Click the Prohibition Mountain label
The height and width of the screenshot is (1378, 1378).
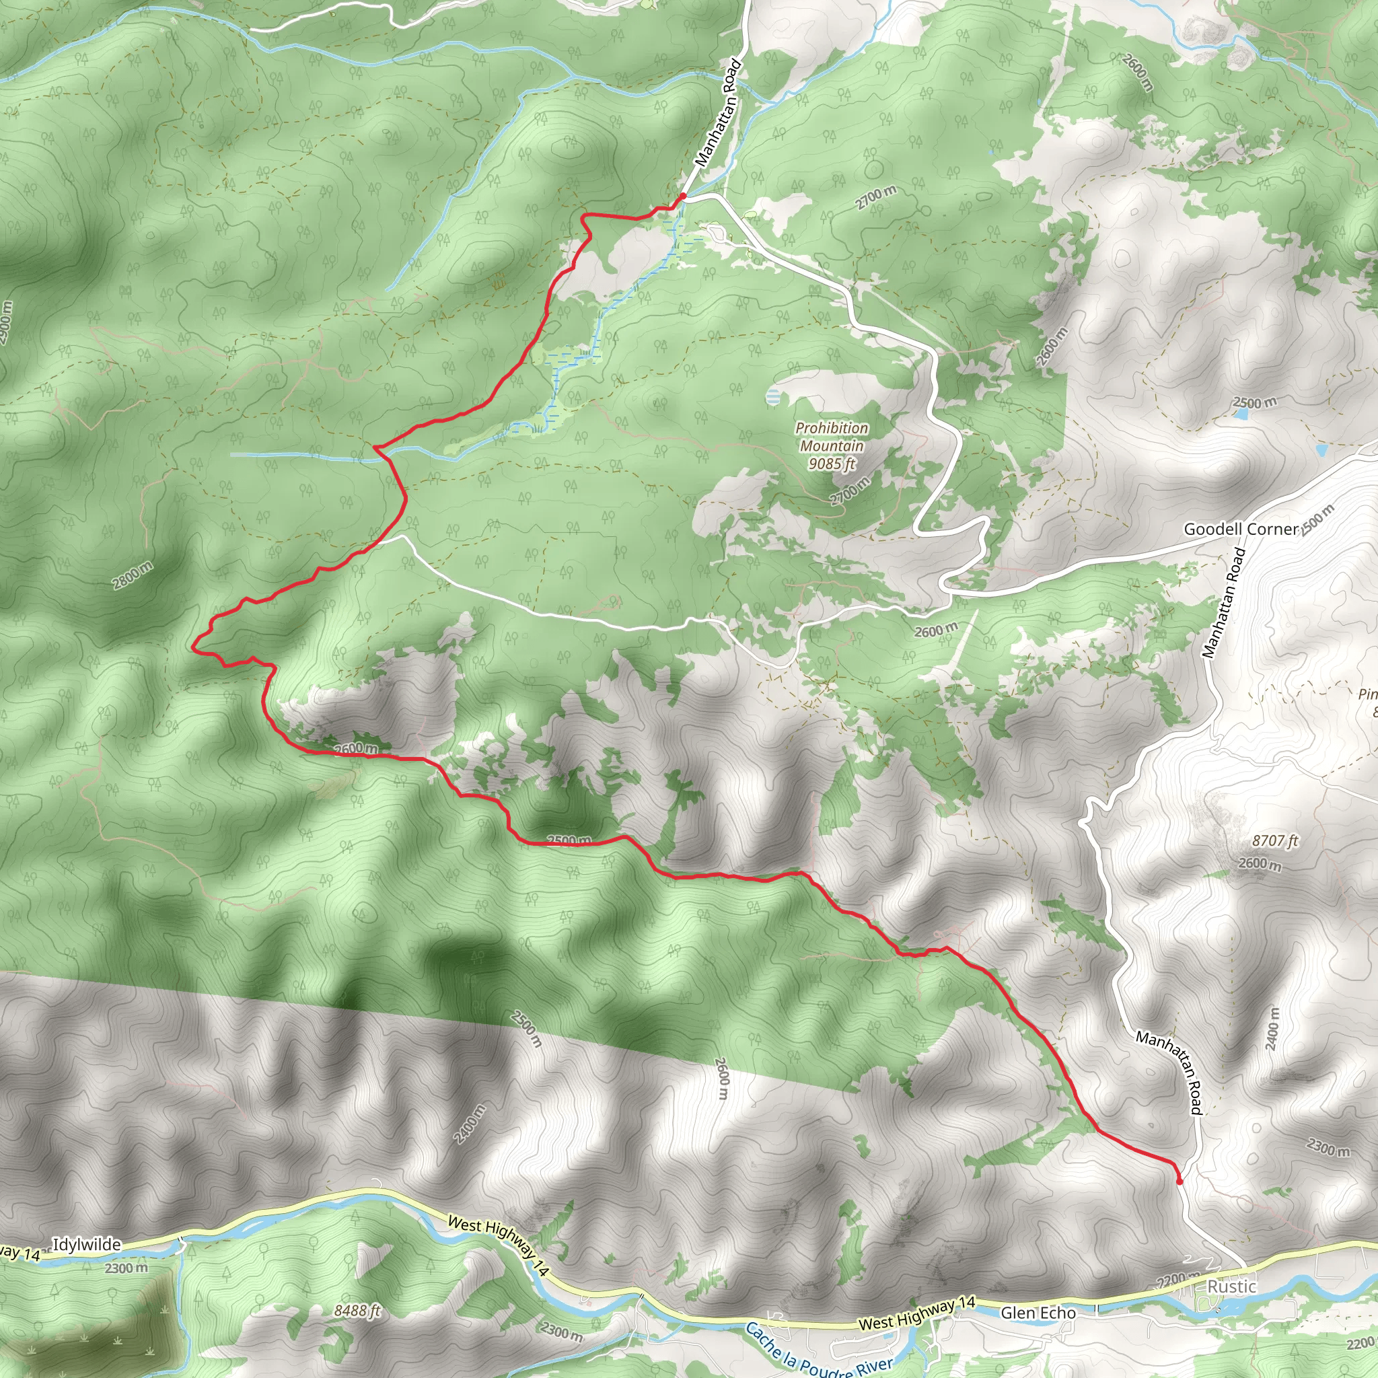click(x=832, y=437)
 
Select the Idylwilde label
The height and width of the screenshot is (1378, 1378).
click(x=87, y=1245)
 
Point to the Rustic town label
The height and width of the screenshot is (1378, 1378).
click(x=1232, y=1286)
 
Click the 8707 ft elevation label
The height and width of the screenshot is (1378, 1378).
click(x=1275, y=842)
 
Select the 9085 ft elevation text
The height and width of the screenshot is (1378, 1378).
click(x=832, y=464)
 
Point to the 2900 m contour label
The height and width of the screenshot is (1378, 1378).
click(x=5, y=323)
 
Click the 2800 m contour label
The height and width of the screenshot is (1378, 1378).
click(x=133, y=575)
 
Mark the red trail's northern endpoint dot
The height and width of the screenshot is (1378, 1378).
click(x=682, y=195)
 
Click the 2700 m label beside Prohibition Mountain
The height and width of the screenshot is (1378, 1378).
click(x=851, y=491)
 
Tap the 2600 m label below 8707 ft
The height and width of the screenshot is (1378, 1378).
click(x=1260, y=865)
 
